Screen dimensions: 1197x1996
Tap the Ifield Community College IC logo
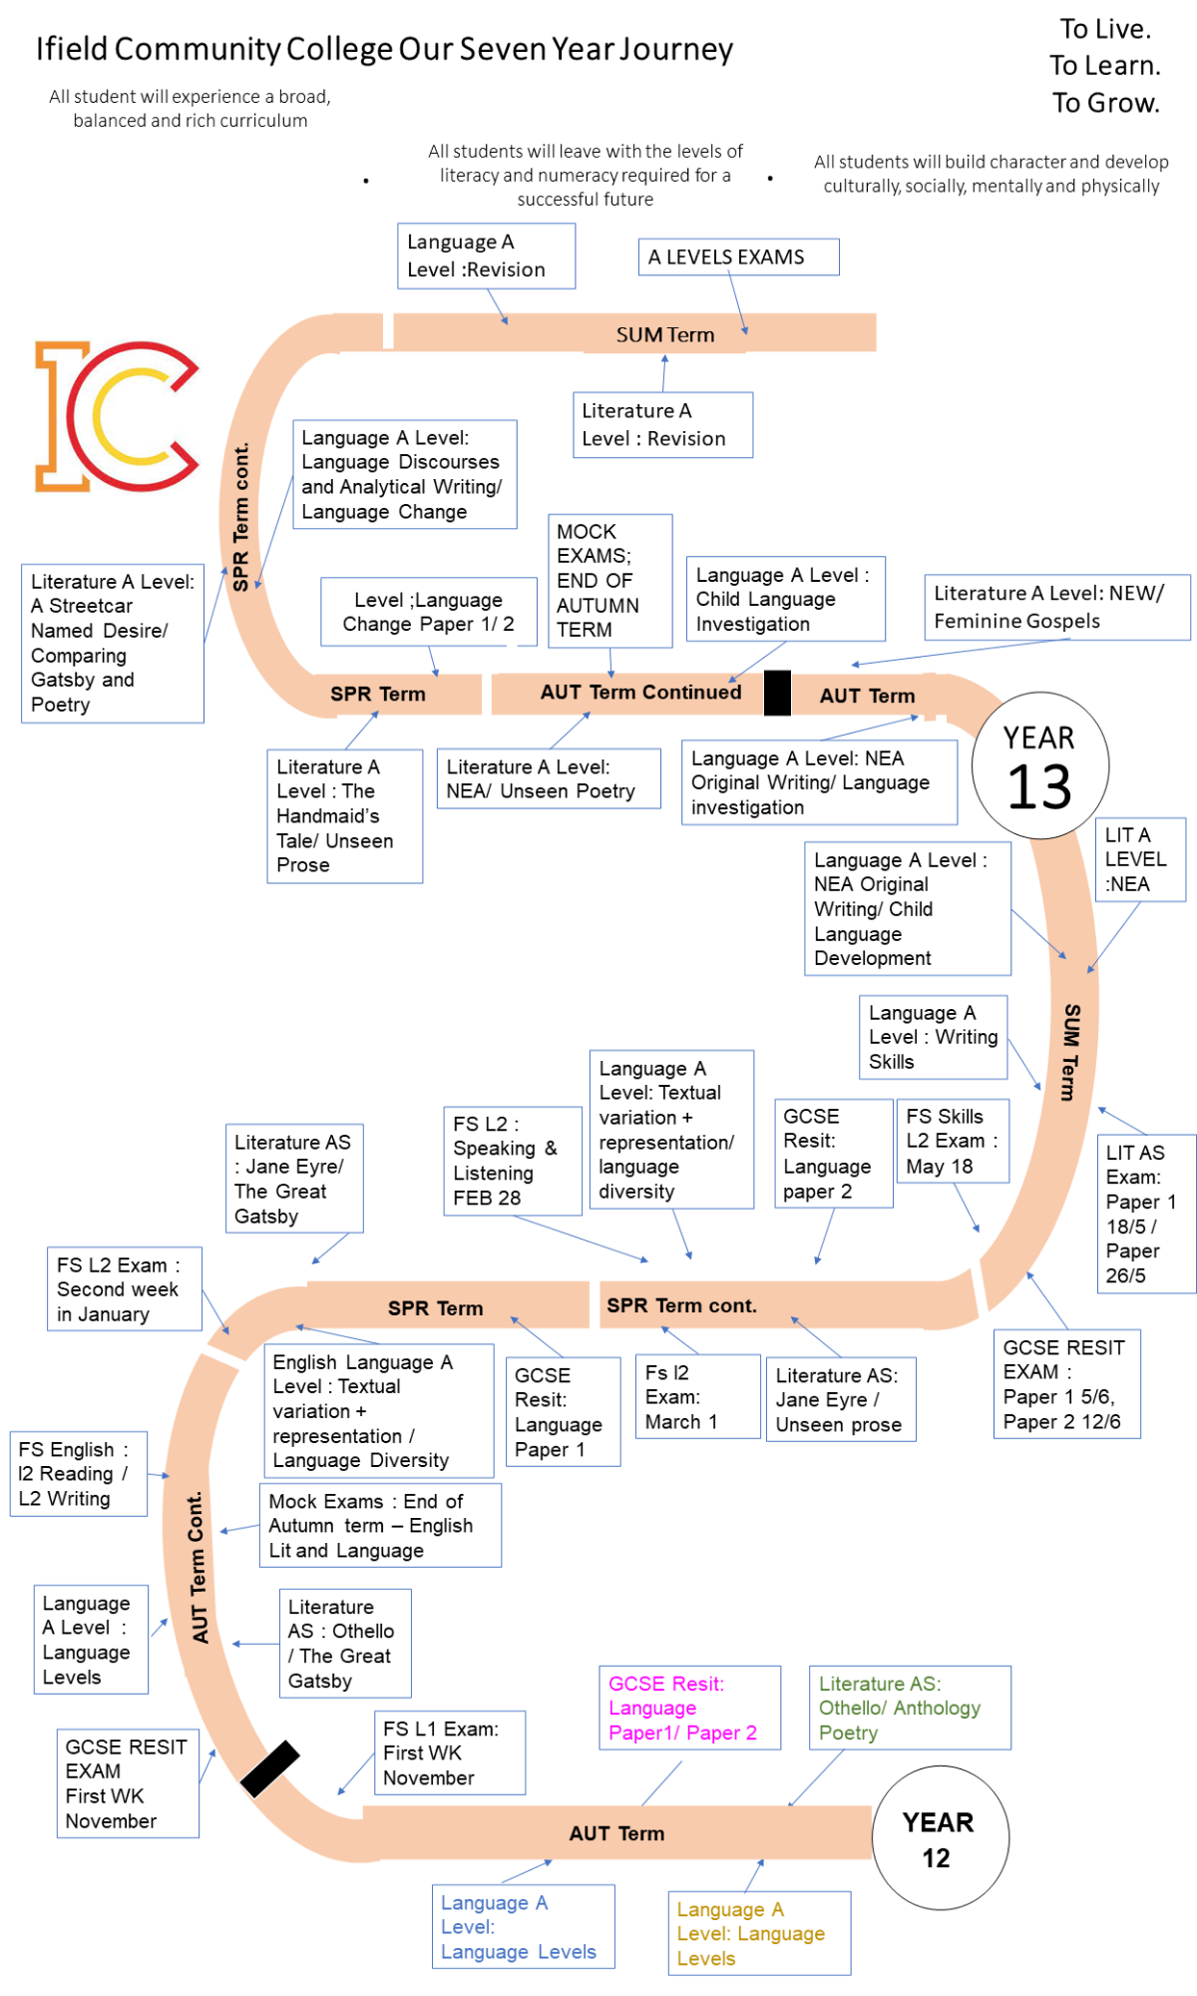[117, 416]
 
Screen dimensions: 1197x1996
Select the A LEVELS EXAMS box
[738, 256]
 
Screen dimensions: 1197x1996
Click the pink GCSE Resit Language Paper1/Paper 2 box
[689, 1708]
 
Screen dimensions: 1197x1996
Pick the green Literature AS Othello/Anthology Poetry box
[910, 1708]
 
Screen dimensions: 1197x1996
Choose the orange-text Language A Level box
[759, 1933]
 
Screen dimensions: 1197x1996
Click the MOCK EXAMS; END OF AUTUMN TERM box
[609, 581]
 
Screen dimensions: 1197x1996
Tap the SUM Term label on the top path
[665, 334]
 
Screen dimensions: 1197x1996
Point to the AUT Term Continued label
[640, 693]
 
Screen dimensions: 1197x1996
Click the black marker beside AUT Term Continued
[777, 693]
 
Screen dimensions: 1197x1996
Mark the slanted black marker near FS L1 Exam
[269, 1769]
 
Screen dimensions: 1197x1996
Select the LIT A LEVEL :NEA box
[1140, 859]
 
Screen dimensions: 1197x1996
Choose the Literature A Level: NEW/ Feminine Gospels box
[1056, 607]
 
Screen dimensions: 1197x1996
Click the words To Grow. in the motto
[1105, 103]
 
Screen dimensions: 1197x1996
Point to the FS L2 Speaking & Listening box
[513, 1161]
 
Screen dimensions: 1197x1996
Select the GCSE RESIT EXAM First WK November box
[128, 1783]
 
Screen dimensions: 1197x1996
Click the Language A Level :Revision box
[486, 255]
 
